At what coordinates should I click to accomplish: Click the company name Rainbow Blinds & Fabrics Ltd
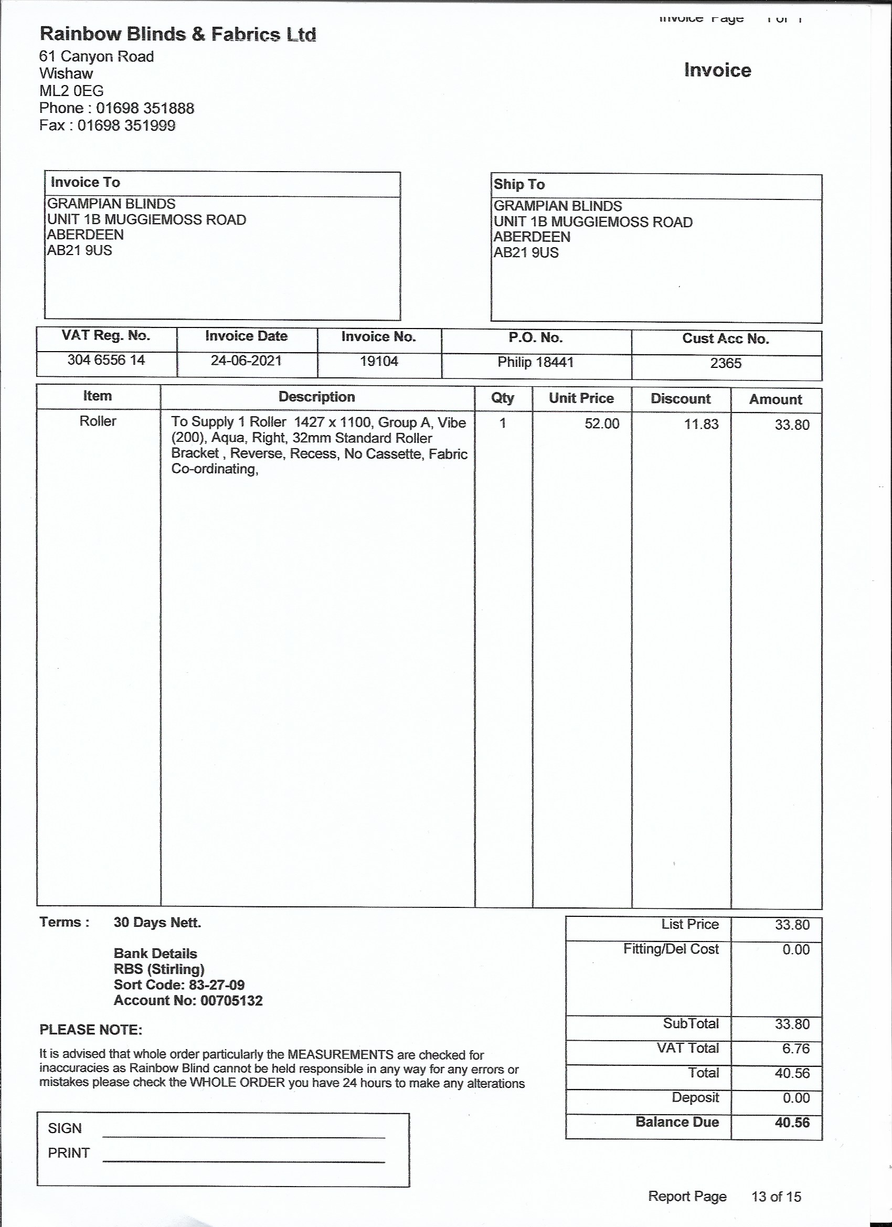click(x=177, y=34)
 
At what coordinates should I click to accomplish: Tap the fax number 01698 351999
click(x=126, y=125)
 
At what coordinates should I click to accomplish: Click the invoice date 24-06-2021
click(x=246, y=361)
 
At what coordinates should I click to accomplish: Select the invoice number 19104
click(x=379, y=361)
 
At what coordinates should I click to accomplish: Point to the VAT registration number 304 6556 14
click(x=106, y=360)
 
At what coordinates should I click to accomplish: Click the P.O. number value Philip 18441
click(x=536, y=362)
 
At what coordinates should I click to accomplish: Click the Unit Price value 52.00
click(x=601, y=424)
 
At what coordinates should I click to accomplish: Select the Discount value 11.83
click(x=701, y=424)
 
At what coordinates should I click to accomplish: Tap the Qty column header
click(x=503, y=398)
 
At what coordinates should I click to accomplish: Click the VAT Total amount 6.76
click(x=795, y=1049)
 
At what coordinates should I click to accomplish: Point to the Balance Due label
click(x=677, y=1122)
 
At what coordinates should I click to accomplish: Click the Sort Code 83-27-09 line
click(x=179, y=985)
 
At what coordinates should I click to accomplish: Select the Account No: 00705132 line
click(x=188, y=1000)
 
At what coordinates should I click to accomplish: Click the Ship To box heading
click(x=519, y=185)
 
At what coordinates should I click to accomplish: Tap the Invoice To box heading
click(x=85, y=182)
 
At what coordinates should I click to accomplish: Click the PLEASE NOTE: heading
click(x=90, y=1030)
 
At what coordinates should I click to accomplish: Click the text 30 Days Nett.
click(x=157, y=923)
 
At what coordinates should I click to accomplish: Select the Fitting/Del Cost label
click(x=670, y=949)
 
